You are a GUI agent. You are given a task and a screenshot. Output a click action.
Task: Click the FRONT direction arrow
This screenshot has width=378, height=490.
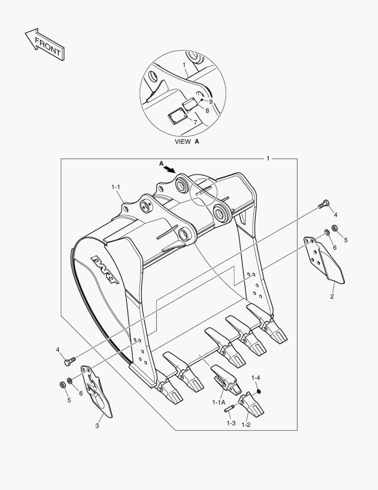tap(44, 45)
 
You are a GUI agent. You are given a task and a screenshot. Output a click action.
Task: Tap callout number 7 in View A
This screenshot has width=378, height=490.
tap(195, 122)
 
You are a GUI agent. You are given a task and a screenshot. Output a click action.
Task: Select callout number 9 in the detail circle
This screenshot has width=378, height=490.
tap(211, 102)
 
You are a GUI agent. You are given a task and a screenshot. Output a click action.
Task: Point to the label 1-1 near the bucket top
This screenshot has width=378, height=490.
tap(116, 186)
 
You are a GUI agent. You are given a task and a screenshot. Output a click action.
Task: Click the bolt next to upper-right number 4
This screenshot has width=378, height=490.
tap(322, 205)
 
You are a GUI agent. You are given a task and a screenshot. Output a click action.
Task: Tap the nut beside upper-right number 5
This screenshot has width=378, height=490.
tap(335, 228)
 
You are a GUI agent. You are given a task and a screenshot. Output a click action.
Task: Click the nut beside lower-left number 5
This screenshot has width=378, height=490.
tap(62, 385)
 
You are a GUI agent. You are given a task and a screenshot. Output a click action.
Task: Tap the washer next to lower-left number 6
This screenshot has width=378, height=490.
tap(69, 380)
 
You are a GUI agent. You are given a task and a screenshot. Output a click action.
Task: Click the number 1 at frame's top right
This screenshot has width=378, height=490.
tap(268, 158)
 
